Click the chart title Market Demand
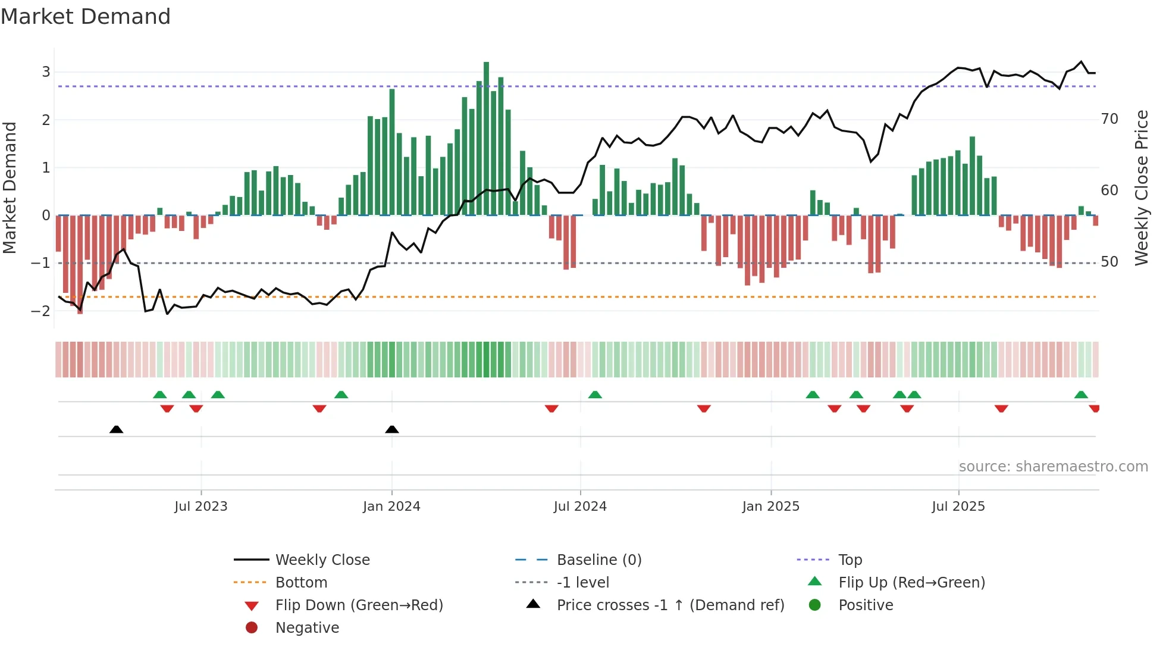point(86,17)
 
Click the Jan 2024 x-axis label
point(391,507)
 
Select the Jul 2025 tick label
point(958,507)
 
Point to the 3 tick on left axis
point(46,72)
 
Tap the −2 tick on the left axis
point(41,311)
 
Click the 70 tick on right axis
point(1109,119)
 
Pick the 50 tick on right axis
point(1109,262)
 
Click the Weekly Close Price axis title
point(1141,188)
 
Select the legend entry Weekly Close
point(322,560)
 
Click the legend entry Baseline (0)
point(598,560)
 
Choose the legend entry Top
point(850,560)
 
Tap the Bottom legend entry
point(301,583)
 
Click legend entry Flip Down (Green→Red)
point(359,605)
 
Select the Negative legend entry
point(307,628)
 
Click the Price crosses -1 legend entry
point(670,605)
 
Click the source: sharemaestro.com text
point(1053,467)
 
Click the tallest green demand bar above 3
point(486,137)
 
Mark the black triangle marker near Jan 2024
point(392,429)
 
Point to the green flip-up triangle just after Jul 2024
point(595,395)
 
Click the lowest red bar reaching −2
point(80,265)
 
